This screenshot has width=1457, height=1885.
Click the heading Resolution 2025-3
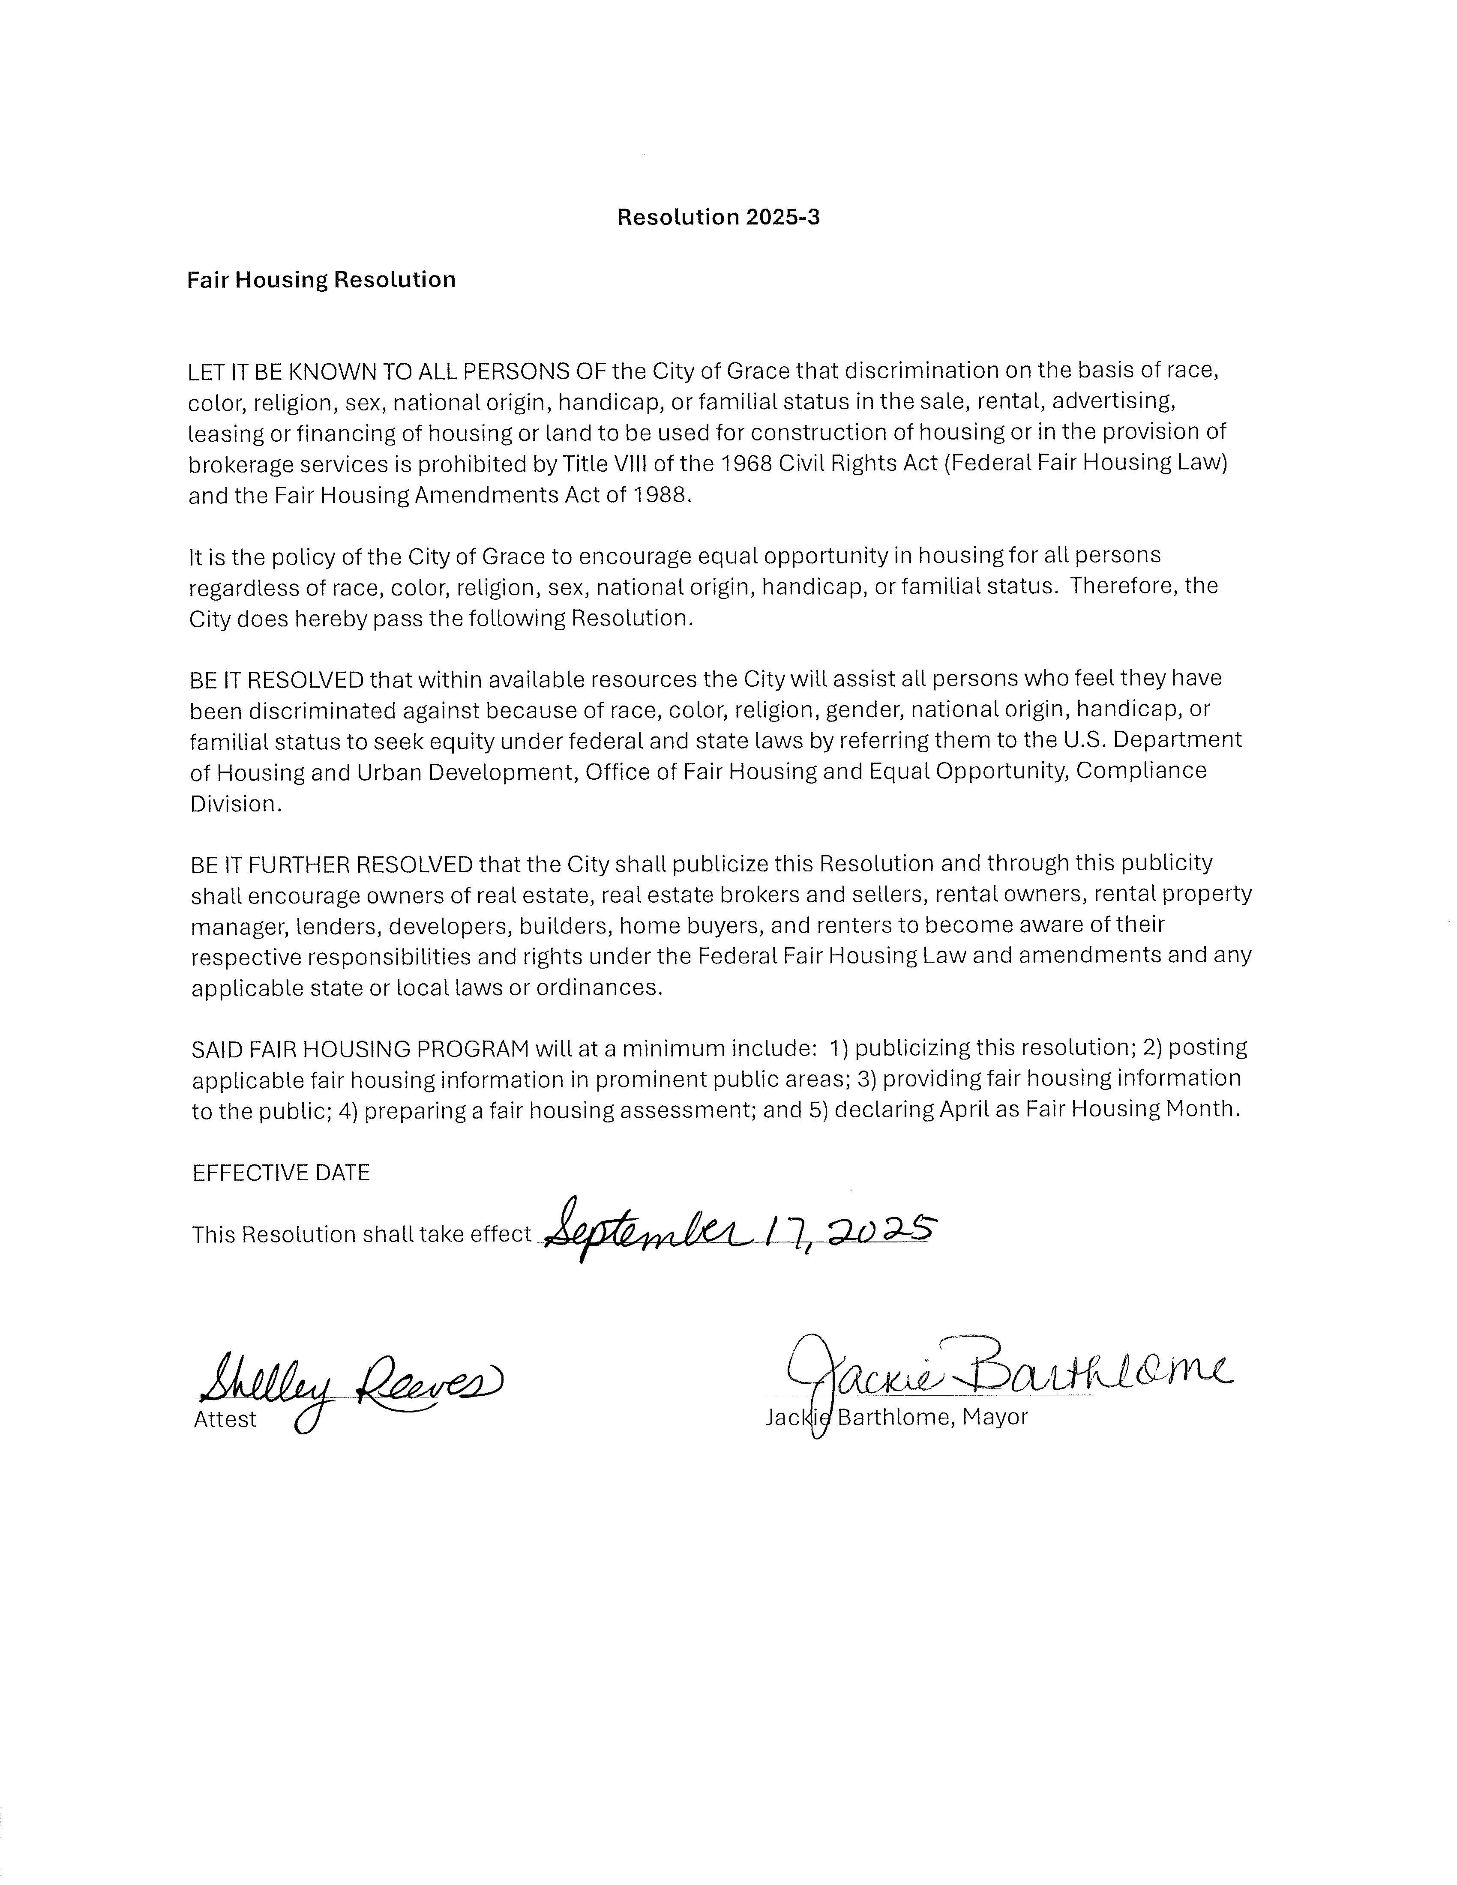[x=718, y=218]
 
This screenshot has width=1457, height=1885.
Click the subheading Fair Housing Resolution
[x=321, y=280]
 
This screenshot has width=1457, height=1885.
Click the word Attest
[x=225, y=1420]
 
